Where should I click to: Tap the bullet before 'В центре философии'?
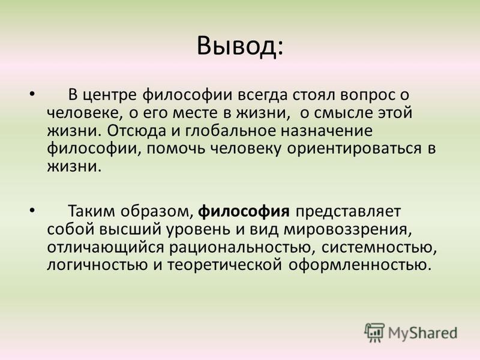coord(32,93)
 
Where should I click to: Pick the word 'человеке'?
coord(82,113)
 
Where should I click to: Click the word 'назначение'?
coord(326,131)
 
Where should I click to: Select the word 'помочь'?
coord(176,149)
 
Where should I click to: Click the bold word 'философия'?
coord(244,211)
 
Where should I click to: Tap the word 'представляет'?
coord(348,212)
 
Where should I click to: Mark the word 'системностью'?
coord(379,247)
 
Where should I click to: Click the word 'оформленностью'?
coord(359,265)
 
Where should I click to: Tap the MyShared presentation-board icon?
coord(374,332)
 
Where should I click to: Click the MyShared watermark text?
coord(422,333)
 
